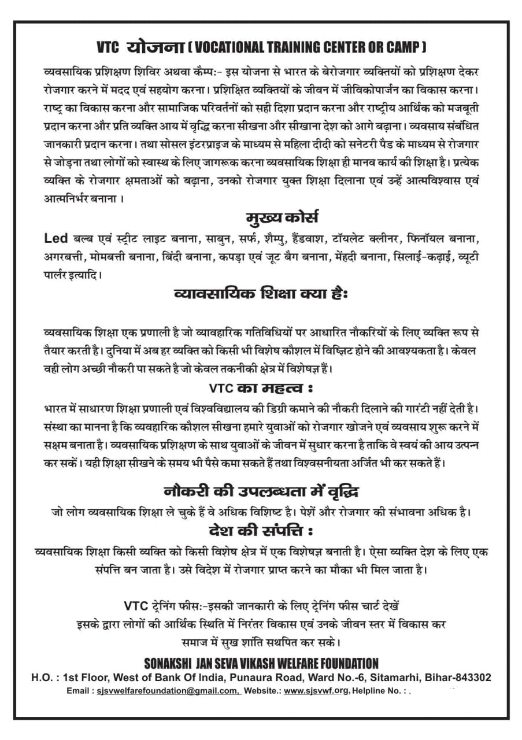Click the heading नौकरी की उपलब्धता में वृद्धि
tap(261, 491)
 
